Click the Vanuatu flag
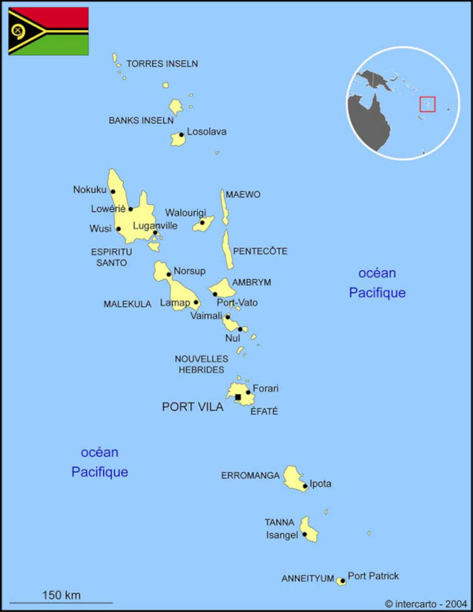(x=48, y=31)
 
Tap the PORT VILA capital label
(x=192, y=407)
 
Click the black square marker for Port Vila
(x=238, y=397)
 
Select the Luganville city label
(x=155, y=225)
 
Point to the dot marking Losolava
(x=181, y=135)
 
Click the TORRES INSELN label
(x=162, y=64)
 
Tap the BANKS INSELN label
(x=141, y=121)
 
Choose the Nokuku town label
(x=89, y=189)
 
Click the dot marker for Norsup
(x=169, y=275)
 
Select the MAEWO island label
(x=243, y=195)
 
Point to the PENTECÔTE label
(x=259, y=251)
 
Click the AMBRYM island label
(x=251, y=282)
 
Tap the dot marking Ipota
(x=305, y=486)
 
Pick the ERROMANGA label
(x=250, y=476)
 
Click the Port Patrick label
(x=373, y=576)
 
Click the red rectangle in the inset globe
(x=427, y=104)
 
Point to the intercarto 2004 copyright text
(x=426, y=603)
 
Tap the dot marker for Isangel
(x=304, y=534)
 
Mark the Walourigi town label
(x=185, y=213)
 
